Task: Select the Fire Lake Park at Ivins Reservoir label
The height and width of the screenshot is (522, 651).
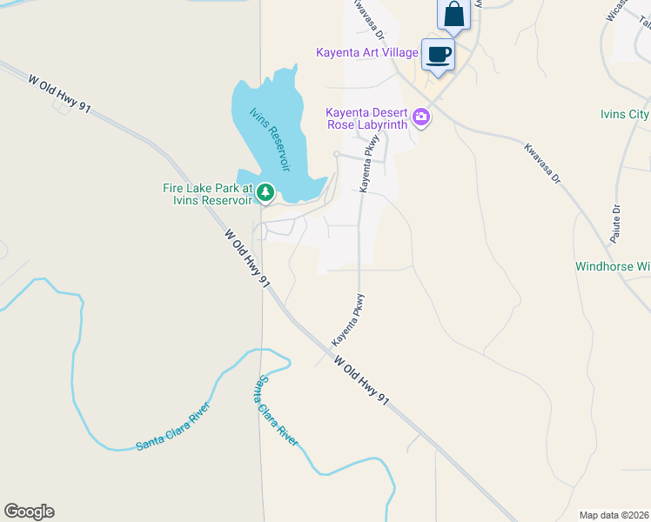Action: point(207,193)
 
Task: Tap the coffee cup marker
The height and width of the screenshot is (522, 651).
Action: point(438,55)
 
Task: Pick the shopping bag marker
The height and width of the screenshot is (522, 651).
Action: point(453,14)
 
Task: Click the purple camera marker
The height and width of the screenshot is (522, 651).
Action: point(421,117)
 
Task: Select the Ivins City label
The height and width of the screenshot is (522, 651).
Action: point(625,115)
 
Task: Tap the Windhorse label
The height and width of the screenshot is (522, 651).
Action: point(613,266)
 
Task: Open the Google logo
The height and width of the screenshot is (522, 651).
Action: point(29,512)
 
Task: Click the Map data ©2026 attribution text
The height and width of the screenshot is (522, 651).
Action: point(613,514)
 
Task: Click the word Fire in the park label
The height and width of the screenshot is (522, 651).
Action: point(176,187)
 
